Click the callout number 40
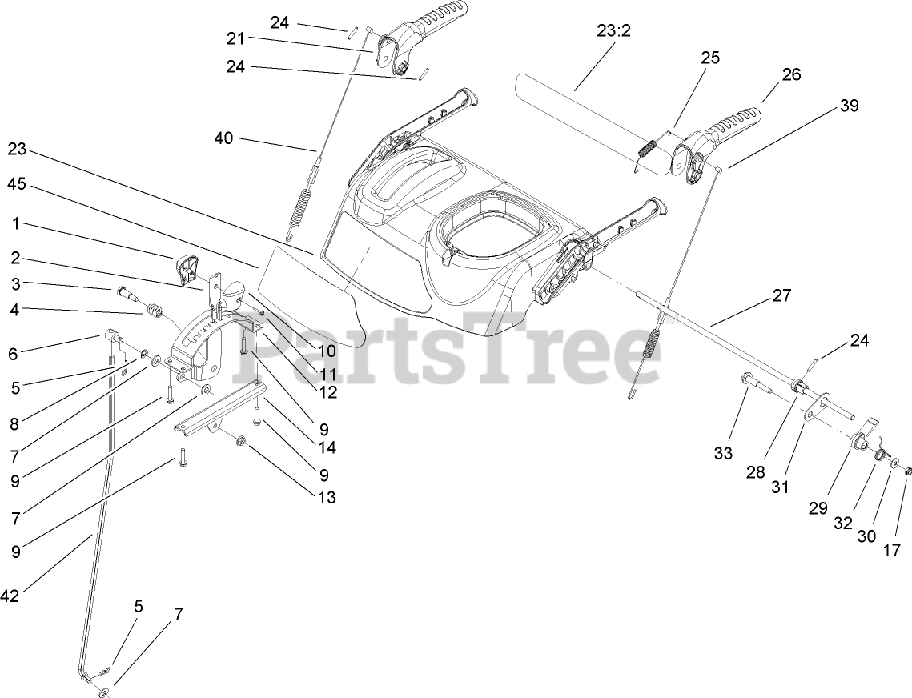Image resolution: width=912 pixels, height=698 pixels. [223, 138]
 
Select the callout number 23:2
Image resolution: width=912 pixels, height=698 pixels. [614, 31]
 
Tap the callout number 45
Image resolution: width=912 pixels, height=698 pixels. [17, 184]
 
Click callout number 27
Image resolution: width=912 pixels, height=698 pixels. [781, 295]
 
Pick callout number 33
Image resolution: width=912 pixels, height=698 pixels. [723, 454]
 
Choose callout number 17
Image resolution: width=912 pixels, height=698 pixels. [892, 550]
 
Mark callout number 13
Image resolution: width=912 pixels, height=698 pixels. [326, 497]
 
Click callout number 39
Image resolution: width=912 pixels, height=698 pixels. [849, 106]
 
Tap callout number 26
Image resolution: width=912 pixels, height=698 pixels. [791, 74]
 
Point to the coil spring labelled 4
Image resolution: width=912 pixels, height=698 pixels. [152, 309]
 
